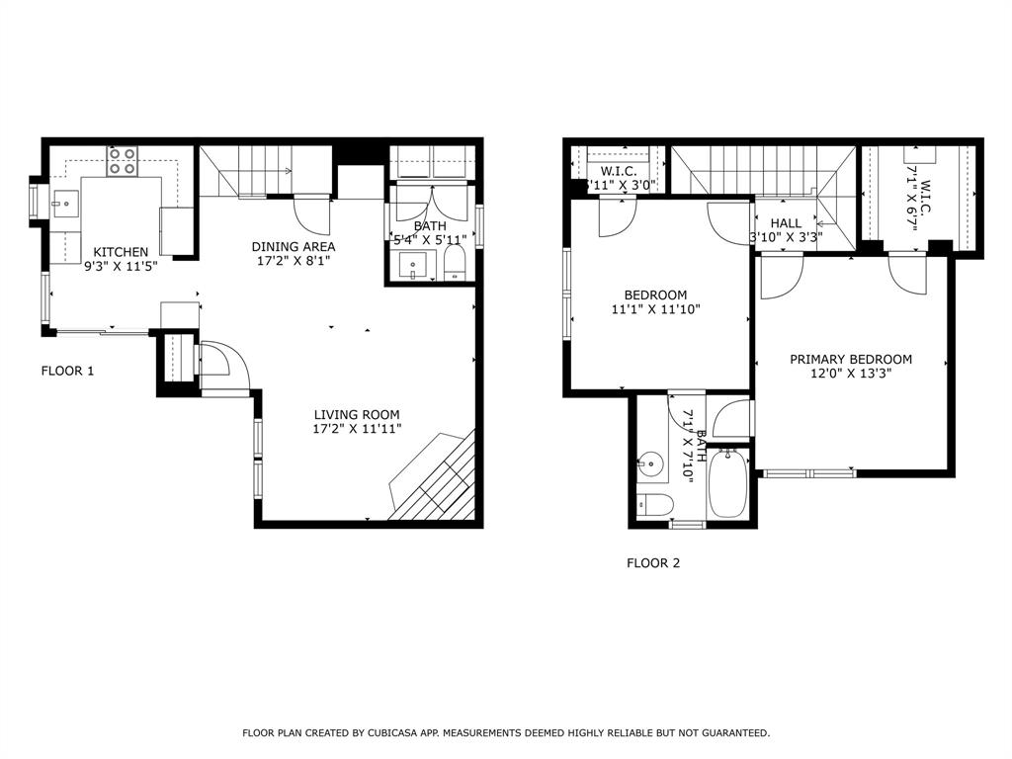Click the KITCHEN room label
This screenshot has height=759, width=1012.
pos(121,252)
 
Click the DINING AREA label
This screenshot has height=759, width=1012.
pos(294,246)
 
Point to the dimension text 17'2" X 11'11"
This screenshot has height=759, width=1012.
pos(357,429)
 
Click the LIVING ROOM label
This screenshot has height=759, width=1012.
pos(357,414)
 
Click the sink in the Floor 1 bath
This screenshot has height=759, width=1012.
pos(414,266)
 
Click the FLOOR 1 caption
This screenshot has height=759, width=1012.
pos(67,371)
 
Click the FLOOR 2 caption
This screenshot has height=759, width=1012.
pos(653,563)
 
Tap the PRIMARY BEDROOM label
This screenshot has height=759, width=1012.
pos(851,359)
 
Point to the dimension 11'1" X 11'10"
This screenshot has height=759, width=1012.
pos(655,309)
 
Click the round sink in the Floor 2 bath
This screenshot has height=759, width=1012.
pos(649,462)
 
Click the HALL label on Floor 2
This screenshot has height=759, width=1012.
pos(787,223)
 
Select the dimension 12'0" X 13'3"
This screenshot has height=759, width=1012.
pos(851,375)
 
